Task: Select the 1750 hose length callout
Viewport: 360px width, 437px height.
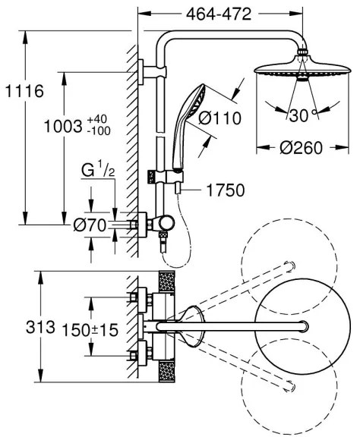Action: click(x=225, y=190)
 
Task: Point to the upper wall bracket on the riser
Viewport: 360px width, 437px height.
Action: click(x=146, y=74)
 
